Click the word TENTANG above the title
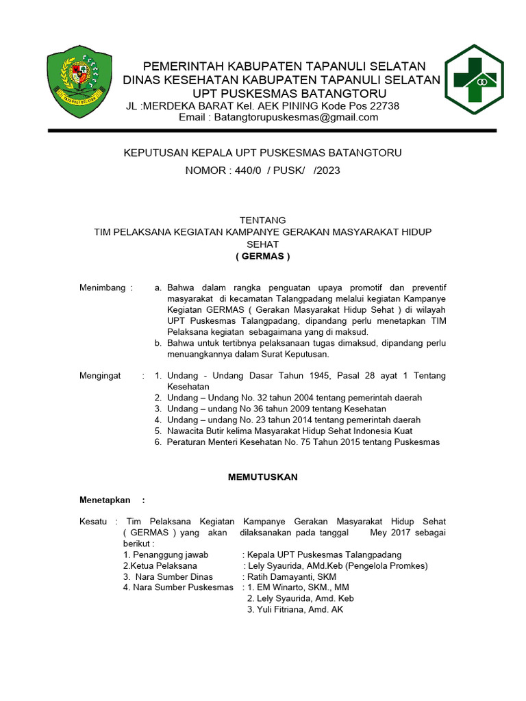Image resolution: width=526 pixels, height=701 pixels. [x=262, y=220]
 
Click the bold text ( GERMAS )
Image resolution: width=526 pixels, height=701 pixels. [x=262, y=257]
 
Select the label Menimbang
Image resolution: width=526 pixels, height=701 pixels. [x=103, y=288]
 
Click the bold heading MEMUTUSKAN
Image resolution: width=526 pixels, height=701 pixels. [x=262, y=477]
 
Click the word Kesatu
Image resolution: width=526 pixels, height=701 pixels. [x=94, y=522]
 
